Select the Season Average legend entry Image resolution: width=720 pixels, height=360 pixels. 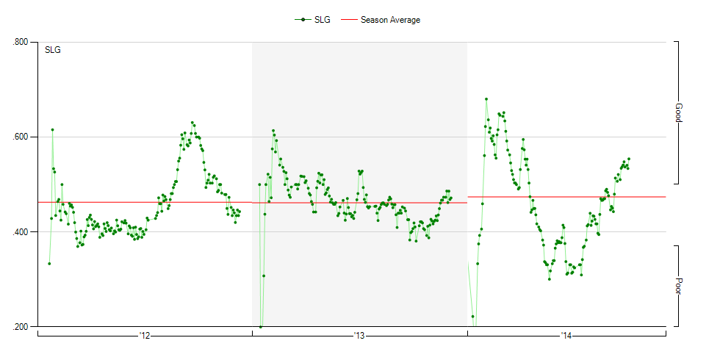[x=389, y=20]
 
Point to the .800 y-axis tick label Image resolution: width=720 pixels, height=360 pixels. [x=21, y=42]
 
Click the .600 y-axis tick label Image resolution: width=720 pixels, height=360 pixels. [x=21, y=137]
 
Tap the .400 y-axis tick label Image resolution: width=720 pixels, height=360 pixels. [x=21, y=232]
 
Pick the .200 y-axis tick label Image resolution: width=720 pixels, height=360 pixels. [x=21, y=327]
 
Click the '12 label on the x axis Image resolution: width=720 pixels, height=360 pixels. [x=144, y=336]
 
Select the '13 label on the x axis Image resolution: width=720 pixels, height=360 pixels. [x=359, y=336]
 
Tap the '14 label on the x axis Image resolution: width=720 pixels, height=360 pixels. [x=566, y=336]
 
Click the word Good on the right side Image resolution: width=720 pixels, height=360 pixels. [x=679, y=112]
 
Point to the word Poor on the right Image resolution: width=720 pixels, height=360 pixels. [x=679, y=286]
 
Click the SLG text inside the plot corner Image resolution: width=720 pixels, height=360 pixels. [x=53, y=50]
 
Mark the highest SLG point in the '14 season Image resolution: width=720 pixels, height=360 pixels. [x=486, y=98]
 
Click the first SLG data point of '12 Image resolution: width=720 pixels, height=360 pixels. [x=49, y=263]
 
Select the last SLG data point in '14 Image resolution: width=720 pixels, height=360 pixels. [x=629, y=159]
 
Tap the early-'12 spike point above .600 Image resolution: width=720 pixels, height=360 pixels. [x=52, y=129]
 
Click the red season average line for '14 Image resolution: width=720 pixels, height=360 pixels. [x=566, y=197]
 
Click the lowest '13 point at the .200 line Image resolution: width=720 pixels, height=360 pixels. [x=261, y=326]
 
